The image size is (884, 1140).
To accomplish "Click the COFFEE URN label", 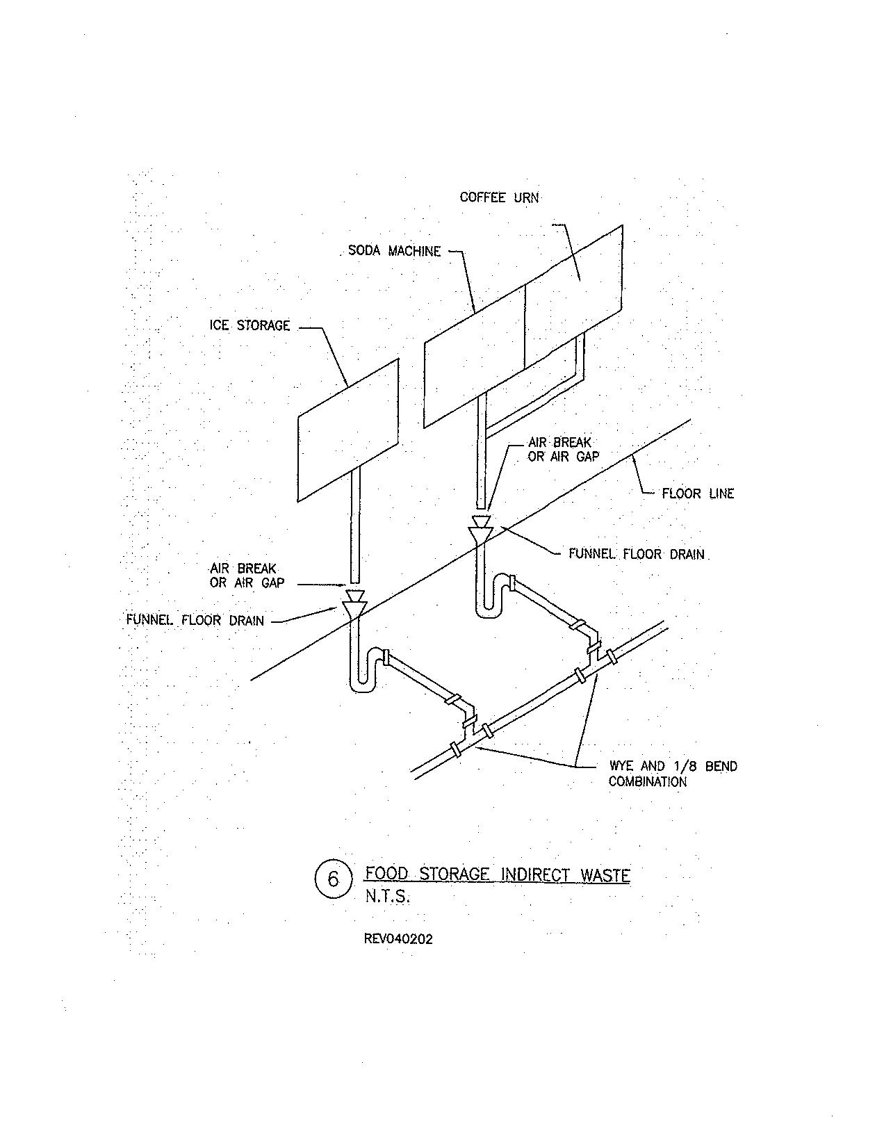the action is pyautogui.click(x=499, y=197).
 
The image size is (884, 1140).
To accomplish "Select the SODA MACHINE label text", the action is pyautogui.click(x=394, y=251).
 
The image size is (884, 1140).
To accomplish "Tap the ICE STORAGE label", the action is pyautogui.click(x=249, y=325).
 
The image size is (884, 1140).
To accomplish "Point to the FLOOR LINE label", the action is pyautogui.click(x=697, y=494).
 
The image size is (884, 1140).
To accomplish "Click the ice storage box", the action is pyautogui.click(x=348, y=430).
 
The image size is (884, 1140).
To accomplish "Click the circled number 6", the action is pyautogui.click(x=332, y=879).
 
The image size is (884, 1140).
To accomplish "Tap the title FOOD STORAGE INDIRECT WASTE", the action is pyautogui.click(x=498, y=874).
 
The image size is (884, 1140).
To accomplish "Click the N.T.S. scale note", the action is pyautogui.click(x=387, y=897).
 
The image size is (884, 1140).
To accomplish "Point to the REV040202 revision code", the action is pyautogui.click(x=398, y=939).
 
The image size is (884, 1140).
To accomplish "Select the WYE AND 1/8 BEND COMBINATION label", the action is pyautogui.click(x=672, y=774).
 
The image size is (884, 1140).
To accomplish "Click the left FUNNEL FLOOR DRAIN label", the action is pyautogui.click(x=195, y=620).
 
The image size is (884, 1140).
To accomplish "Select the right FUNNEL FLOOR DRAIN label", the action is pyautogui.click(x=636, y=555).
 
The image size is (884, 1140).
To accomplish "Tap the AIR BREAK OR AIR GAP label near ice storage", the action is pyautogui.click(x=247, y=576).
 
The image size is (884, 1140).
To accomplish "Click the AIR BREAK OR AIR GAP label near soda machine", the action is pyautogui.click(x=563, y=449).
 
